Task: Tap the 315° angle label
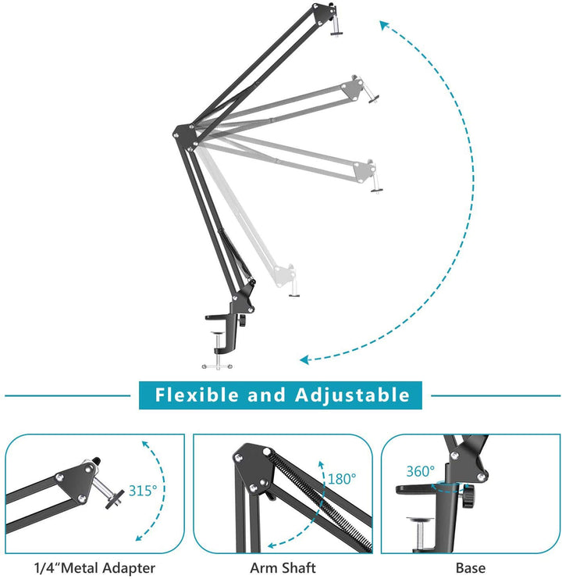point(143,490)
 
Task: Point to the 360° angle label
point(420,471)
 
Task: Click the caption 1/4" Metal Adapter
point(94,568)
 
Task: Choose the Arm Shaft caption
point(282,568)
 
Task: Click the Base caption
point(470,568)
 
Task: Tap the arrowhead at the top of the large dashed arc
point(385,25)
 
